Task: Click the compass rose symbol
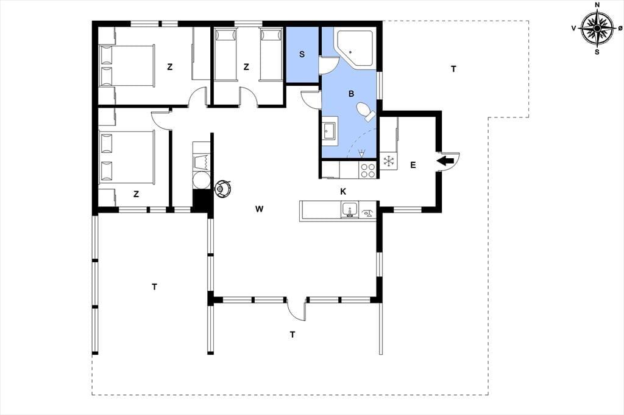click(597, 28)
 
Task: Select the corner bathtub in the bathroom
click(355, 47)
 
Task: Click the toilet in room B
click(366, 111)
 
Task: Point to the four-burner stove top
click(367, 170)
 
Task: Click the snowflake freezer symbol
click(388, 161)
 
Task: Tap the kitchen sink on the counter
click(349, 209)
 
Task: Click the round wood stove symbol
click(222, 188)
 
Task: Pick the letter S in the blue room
click(302, 54)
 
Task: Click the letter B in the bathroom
click(351, 94)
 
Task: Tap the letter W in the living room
click(259, 209)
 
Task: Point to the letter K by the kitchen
click(343, 192)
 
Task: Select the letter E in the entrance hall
click(413, 165)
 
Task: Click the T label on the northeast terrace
click(453, 69)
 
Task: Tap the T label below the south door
click(292, 335)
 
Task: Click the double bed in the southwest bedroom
click(127, 157)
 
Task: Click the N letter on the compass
click(597, 5)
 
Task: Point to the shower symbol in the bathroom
click(361, 153)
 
